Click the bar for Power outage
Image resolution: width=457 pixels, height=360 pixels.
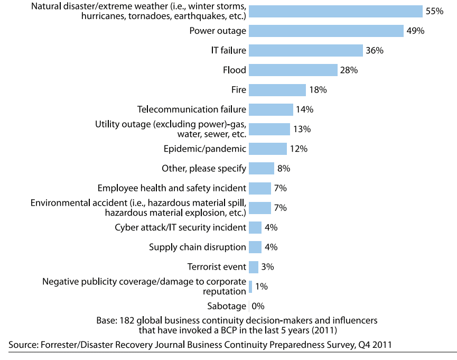(x=326, y=31)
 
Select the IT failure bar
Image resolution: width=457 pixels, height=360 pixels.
(x=305, y=50)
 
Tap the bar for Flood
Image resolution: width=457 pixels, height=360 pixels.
(x=293, y=70)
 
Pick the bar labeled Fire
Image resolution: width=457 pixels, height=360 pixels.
(x=277, y=90)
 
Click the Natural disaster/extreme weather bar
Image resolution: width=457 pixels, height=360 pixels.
(x=335, y=11)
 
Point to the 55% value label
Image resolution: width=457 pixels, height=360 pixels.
(x=434, y=11)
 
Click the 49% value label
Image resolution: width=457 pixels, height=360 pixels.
(x=415, y=31)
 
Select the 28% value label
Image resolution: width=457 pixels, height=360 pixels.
(x=349, y=70)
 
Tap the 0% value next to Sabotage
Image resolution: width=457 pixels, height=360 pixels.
(x=258, y=306)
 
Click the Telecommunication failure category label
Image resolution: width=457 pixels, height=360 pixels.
(x=192, y=109)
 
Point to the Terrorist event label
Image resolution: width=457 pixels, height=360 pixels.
(x=217, y=266)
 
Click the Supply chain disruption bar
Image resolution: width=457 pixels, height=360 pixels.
(x=255, y=247)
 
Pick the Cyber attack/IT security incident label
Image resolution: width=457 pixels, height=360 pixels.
(x=180, y=227)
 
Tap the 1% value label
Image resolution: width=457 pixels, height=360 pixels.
(x=261, y=287)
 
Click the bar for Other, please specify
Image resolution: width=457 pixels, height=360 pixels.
(x=261, y=169)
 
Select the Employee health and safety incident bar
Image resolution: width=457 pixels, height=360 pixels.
(x=259, y=188)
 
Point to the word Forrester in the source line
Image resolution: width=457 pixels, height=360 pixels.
(x=58, y=345)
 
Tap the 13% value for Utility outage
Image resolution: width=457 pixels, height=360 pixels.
(x=302, y=129)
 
